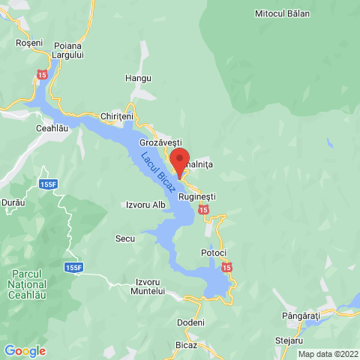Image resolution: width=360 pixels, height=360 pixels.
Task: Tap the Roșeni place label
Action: coord(29,43)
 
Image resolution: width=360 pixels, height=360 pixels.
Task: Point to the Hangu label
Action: coord(139,78)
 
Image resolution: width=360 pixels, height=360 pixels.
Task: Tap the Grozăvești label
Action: coord(160,142)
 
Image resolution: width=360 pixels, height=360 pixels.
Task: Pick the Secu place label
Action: coord(124,238)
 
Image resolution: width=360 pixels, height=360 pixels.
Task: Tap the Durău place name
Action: coord(13,202)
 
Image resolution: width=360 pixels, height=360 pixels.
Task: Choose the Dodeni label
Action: coord(190,322)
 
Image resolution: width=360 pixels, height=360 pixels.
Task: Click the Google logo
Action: coord(25,350)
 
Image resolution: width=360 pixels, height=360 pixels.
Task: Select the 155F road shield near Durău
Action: coord(49,184)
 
